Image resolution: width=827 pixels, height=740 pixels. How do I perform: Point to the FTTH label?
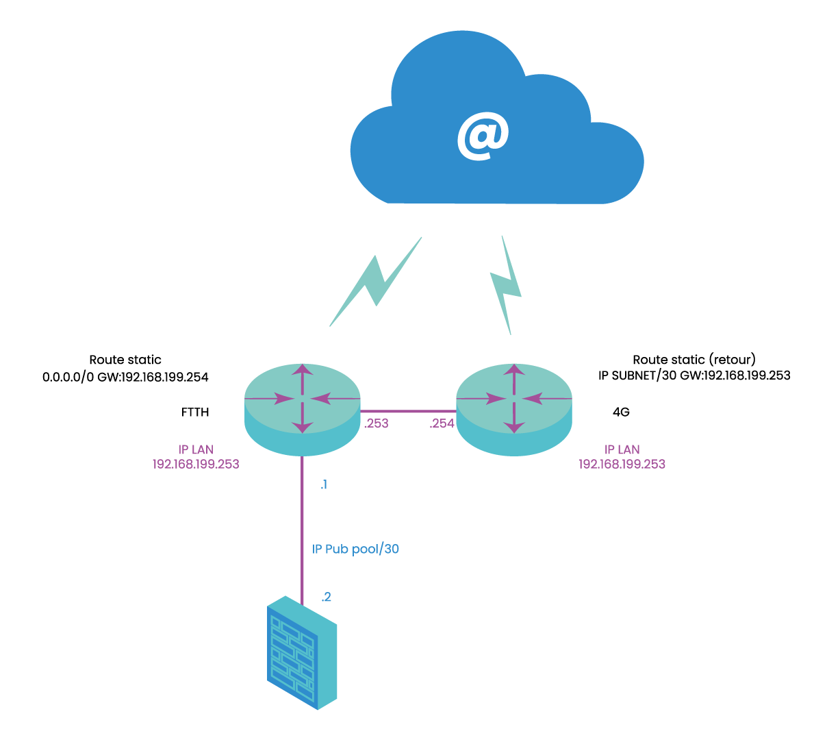click(195, 412)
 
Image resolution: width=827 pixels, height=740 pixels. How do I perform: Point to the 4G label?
click(621, 412)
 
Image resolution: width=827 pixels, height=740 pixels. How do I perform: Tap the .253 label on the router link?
click(377, 423)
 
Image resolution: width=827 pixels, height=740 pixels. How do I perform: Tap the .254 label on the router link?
click(442, 423)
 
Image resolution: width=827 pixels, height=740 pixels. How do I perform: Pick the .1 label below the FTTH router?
click(324, 485)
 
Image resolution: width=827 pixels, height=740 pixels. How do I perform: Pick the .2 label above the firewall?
click(327, 597)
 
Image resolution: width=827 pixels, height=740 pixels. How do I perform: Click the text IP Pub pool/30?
click(355, 550)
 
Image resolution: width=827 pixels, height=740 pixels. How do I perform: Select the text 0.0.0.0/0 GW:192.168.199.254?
click(125, 377)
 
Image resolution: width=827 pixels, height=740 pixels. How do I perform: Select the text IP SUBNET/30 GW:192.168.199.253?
click(694, 375)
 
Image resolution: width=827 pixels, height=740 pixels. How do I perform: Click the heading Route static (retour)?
click(694, 360)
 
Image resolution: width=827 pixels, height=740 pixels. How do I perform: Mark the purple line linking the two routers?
click(408, 411)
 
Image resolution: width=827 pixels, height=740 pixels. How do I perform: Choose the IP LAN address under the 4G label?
click(622, 464)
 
